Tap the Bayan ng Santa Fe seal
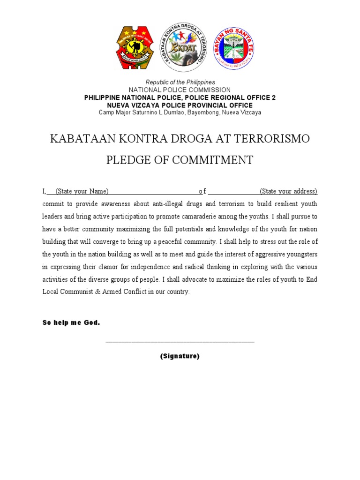tap(233, 48)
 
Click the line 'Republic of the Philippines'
tap(180, 82)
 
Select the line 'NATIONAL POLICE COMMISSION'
tap(180, 90)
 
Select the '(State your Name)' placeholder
tap(82, 191)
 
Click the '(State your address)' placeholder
tap(288, 191)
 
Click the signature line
tap(180, 342)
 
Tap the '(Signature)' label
tap(180, 356)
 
